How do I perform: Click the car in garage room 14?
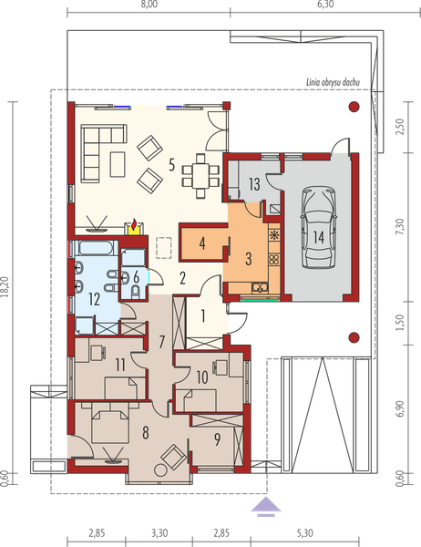click(x=319, y=227)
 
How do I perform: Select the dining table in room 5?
click(x=200, y=175)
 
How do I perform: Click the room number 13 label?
click(x=254, y=184)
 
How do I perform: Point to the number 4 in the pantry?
click(x=202, y=243)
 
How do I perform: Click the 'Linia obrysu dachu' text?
click(x=333, y=83)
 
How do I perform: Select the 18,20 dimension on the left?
click(x=5, y=287)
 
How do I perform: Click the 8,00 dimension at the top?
click(x=149, y=5)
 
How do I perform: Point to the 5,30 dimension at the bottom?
click(x=305, y=533)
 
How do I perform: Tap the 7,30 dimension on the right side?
click(x=401, y=226)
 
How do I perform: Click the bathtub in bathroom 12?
click(x=96, y=248)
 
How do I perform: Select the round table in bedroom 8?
click(x=160, y=470)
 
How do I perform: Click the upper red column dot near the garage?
click(x=354, y=107)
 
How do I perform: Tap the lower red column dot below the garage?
click(x=354, y=337)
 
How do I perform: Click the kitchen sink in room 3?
click(x=260, y=287)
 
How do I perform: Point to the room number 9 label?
click(x=217, y=439)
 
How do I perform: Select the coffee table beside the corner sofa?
click(x=118, y=164)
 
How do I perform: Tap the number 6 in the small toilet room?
click(x=136, y=277)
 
